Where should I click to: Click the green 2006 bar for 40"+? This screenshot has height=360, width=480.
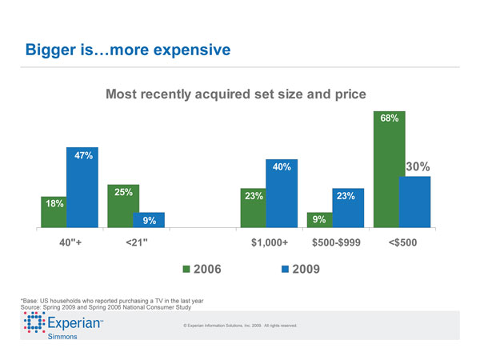[53, 212]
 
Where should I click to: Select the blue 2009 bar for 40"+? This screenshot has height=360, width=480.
[82, 188]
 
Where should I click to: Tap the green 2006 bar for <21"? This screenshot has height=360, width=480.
[123, 206]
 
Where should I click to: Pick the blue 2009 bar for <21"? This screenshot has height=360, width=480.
[149, 220]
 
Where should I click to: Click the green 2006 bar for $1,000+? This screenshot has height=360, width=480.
[256, 208]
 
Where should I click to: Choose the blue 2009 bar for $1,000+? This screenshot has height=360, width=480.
[282, 193]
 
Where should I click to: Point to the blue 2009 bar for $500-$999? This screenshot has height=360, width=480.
[348, 208]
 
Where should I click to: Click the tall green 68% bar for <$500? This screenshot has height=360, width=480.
[388, 168]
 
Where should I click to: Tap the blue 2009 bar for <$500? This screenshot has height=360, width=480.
[414, 202]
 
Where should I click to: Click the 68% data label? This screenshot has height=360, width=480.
[390, 117]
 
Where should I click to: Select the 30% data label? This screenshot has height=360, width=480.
[418, 167]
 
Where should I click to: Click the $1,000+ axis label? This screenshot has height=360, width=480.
[270, 242]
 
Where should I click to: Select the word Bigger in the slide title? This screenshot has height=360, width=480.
[53, 50]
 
